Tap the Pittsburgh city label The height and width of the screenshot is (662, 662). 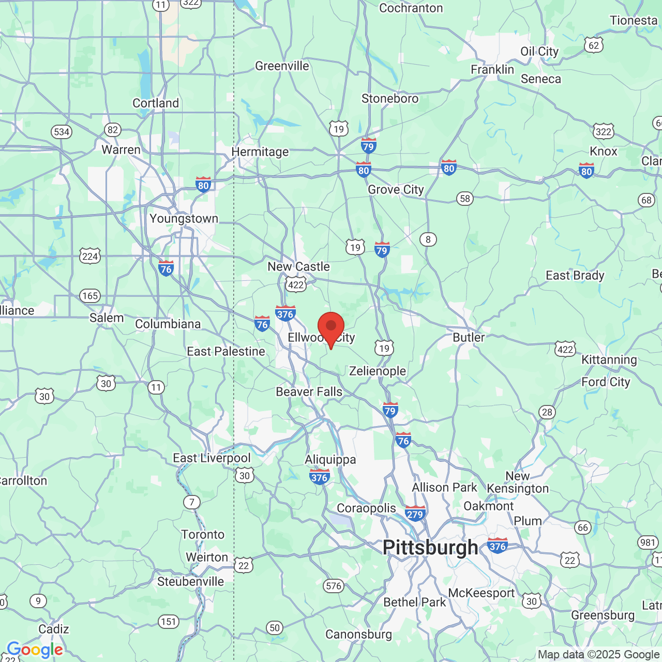(430, 547)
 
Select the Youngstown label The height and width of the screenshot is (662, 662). (184, 219)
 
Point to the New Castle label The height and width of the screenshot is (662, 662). (298, 267)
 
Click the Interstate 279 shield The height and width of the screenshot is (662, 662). (415, 514)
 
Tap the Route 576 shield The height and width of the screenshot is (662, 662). (334, 586)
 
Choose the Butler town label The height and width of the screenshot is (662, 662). (469, 337)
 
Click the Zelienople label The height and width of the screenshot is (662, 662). (378, 371)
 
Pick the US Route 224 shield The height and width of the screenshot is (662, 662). (90, 256)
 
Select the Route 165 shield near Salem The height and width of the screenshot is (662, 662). (90, 296)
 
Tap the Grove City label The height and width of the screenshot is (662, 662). (396, 190)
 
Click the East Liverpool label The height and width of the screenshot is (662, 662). (212, 458)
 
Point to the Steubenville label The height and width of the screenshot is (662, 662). (190, 581)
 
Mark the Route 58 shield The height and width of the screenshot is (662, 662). (465, 199)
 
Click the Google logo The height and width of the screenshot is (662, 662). (35, 650)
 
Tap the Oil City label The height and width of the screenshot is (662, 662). (539, 51)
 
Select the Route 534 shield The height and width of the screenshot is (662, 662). (62, 131)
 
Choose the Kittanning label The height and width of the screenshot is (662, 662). (609, 359)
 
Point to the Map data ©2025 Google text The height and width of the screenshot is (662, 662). (598, 654)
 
